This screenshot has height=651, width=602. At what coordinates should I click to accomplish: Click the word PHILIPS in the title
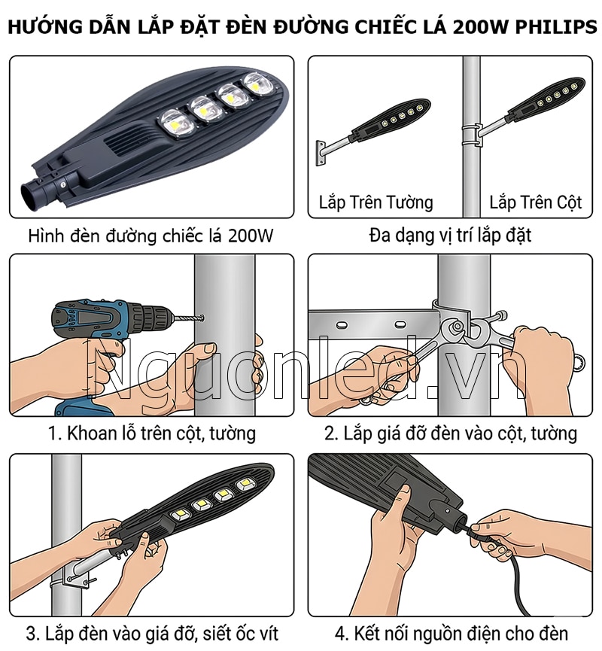(x=556, y=26)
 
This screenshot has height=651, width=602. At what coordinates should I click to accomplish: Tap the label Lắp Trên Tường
(x=375, y=202)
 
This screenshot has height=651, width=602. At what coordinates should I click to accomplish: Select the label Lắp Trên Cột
(x=536, y=202)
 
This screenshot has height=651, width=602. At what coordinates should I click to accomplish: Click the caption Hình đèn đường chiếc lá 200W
(x=150, y=236)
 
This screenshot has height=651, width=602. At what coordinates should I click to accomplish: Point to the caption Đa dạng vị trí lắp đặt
(x=450, y=236)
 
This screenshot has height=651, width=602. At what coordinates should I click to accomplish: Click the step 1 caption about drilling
(x=152, y=433)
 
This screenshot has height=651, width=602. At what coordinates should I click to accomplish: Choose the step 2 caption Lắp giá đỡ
(x=451, y=433)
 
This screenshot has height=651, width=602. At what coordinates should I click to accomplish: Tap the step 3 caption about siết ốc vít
(x=152, y=634)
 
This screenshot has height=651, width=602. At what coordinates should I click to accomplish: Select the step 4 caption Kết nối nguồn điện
(x=451, y=634)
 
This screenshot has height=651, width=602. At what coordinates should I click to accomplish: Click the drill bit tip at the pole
(x=202, y=319)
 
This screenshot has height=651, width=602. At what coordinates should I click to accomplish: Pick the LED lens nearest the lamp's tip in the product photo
(x=259, y=84)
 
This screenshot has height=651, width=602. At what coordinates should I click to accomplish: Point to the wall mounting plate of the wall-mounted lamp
(x=320, y=153)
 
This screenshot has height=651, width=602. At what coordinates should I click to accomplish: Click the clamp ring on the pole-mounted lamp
(x=472, y=135)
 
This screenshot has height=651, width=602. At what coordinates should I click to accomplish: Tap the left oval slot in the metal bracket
(x=342, y=324)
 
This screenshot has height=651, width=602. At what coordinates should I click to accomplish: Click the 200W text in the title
(x=480, y=26)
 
